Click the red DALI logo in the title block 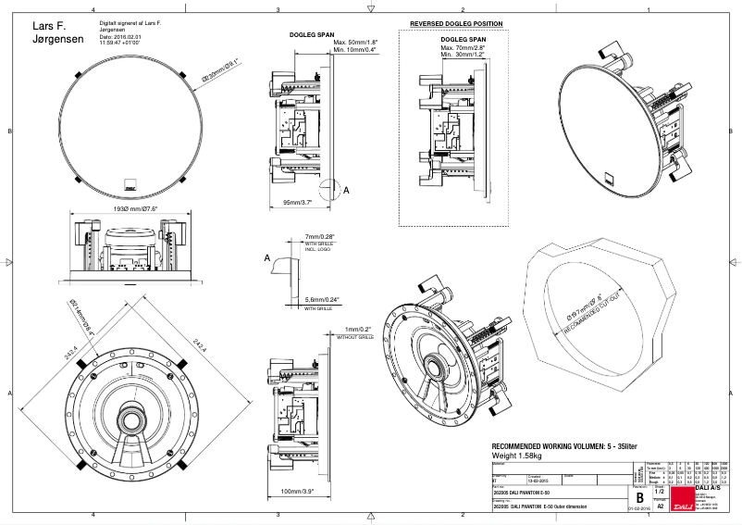[x=683, y=506]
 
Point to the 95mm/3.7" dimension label [x=289, y=202]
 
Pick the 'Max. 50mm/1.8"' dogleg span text [x=355, y=43]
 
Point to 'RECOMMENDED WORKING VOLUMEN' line [x=564, y=445]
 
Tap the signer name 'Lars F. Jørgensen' [x=57, y=32]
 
